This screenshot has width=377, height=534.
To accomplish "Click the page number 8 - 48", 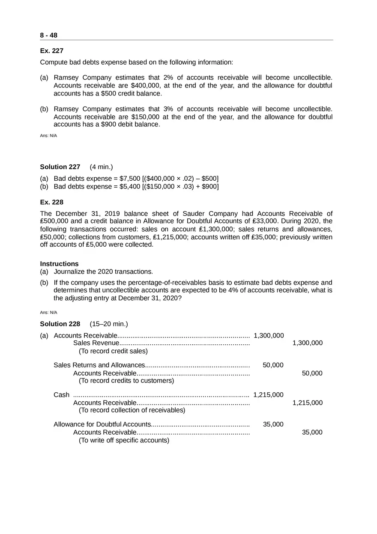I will coord(48,35).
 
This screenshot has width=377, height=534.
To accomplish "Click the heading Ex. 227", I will coord(51,51).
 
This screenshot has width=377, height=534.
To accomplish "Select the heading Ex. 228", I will coord(51,202).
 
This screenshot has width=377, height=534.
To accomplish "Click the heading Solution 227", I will coord(60,167).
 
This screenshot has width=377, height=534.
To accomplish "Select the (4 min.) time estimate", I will coord(101,167).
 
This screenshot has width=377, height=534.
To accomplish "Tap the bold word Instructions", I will coord(59,264).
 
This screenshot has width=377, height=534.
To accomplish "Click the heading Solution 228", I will coord(60,324).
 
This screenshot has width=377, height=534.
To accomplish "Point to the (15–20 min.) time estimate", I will coord(109,324).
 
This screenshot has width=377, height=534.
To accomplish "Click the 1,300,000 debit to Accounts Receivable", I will coord(269,335).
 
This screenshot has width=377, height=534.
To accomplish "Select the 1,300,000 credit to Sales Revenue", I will coord(307,343).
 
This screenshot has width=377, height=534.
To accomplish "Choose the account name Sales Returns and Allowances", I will coord(99,365).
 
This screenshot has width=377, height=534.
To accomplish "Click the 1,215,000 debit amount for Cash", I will coord(269,395).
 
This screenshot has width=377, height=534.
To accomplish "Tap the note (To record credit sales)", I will coord(113,351).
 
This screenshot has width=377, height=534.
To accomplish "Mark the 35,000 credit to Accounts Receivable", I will coord(312,433).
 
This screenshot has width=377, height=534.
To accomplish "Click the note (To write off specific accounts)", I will coord(124,440).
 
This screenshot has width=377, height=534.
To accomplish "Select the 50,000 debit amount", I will coord(273,365).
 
